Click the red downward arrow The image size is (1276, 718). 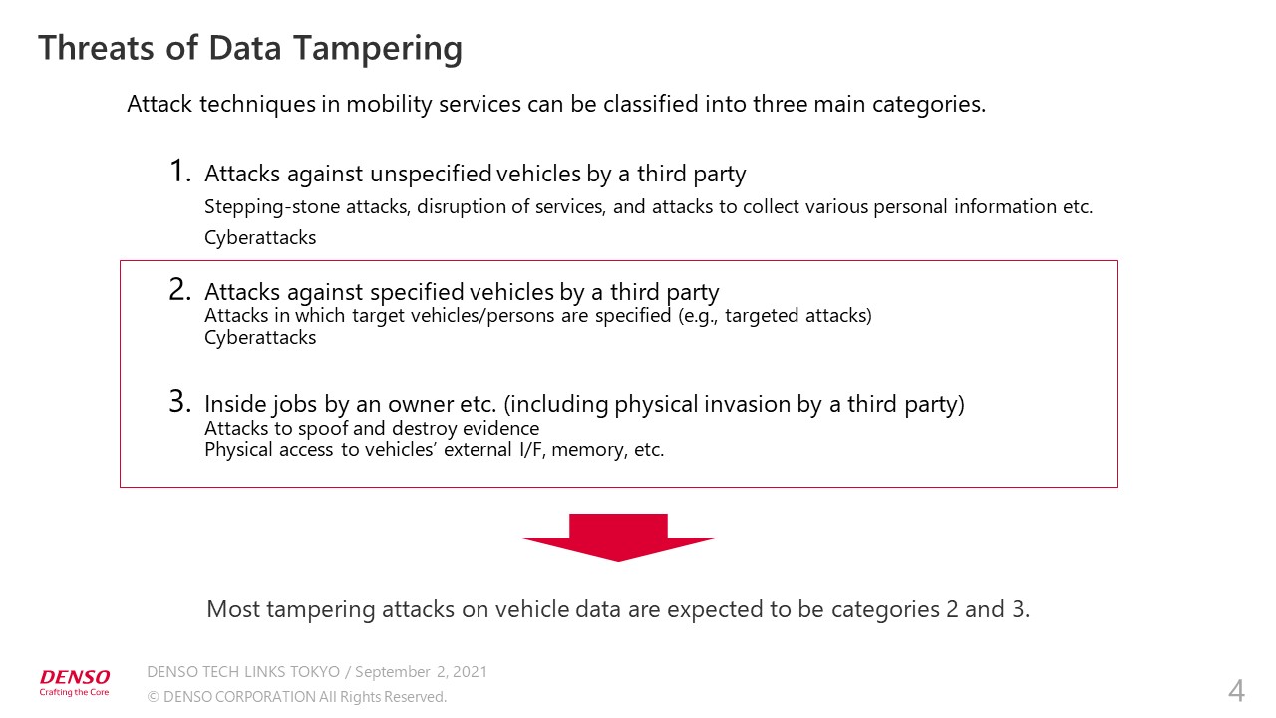(x=618, y=537)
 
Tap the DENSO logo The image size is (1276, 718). (x=75, y=678)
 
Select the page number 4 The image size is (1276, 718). (x=1236, y=690)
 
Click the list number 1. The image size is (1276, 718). (x=179, y=172)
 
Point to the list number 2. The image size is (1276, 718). (x=179, y=290)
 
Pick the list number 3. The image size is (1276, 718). (x=179, y=402)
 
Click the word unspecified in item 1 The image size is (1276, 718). (x=431, y=175)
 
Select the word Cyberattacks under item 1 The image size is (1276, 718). (x=260, y=238)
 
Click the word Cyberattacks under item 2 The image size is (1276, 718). (x=260, y=338)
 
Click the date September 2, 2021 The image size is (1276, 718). (x=421, y=672)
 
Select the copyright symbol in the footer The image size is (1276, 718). (x=153, y=698)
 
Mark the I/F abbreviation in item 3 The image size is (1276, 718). (x=524, y=450)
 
